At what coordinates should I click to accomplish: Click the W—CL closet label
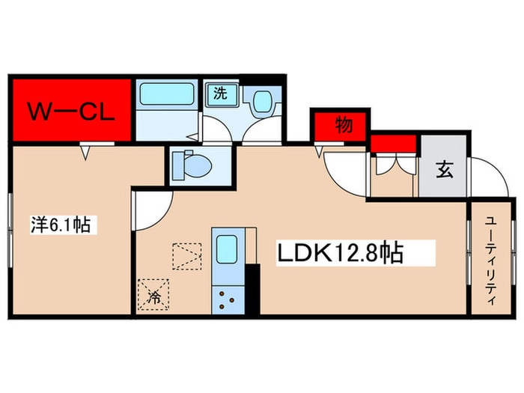(71, 112)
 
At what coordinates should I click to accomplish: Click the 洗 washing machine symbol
(221, 94)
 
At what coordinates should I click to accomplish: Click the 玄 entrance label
(444, 170)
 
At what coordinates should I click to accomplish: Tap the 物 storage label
(343, 126)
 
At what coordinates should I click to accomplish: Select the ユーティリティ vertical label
(491, 258)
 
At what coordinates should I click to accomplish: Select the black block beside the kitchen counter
(252, 289)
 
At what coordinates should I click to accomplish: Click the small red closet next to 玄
(393, 143)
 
